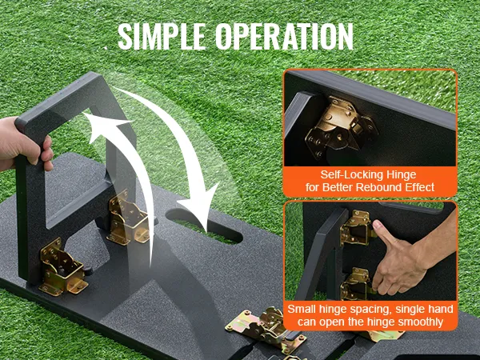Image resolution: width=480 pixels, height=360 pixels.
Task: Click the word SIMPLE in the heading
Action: tap(162, 36)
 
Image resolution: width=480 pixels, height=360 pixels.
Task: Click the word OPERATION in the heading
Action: tap(284, 36)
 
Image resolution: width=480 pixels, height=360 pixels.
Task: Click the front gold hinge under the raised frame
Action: tap(62, 268)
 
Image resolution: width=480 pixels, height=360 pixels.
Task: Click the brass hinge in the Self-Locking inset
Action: tap(340, 128)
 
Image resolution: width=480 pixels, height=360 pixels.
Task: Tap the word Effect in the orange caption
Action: tap(420, 187)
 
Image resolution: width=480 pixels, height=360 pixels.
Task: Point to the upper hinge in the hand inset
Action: tap(357, 228)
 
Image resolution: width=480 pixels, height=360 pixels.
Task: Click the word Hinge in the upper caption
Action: tap(401, 174)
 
